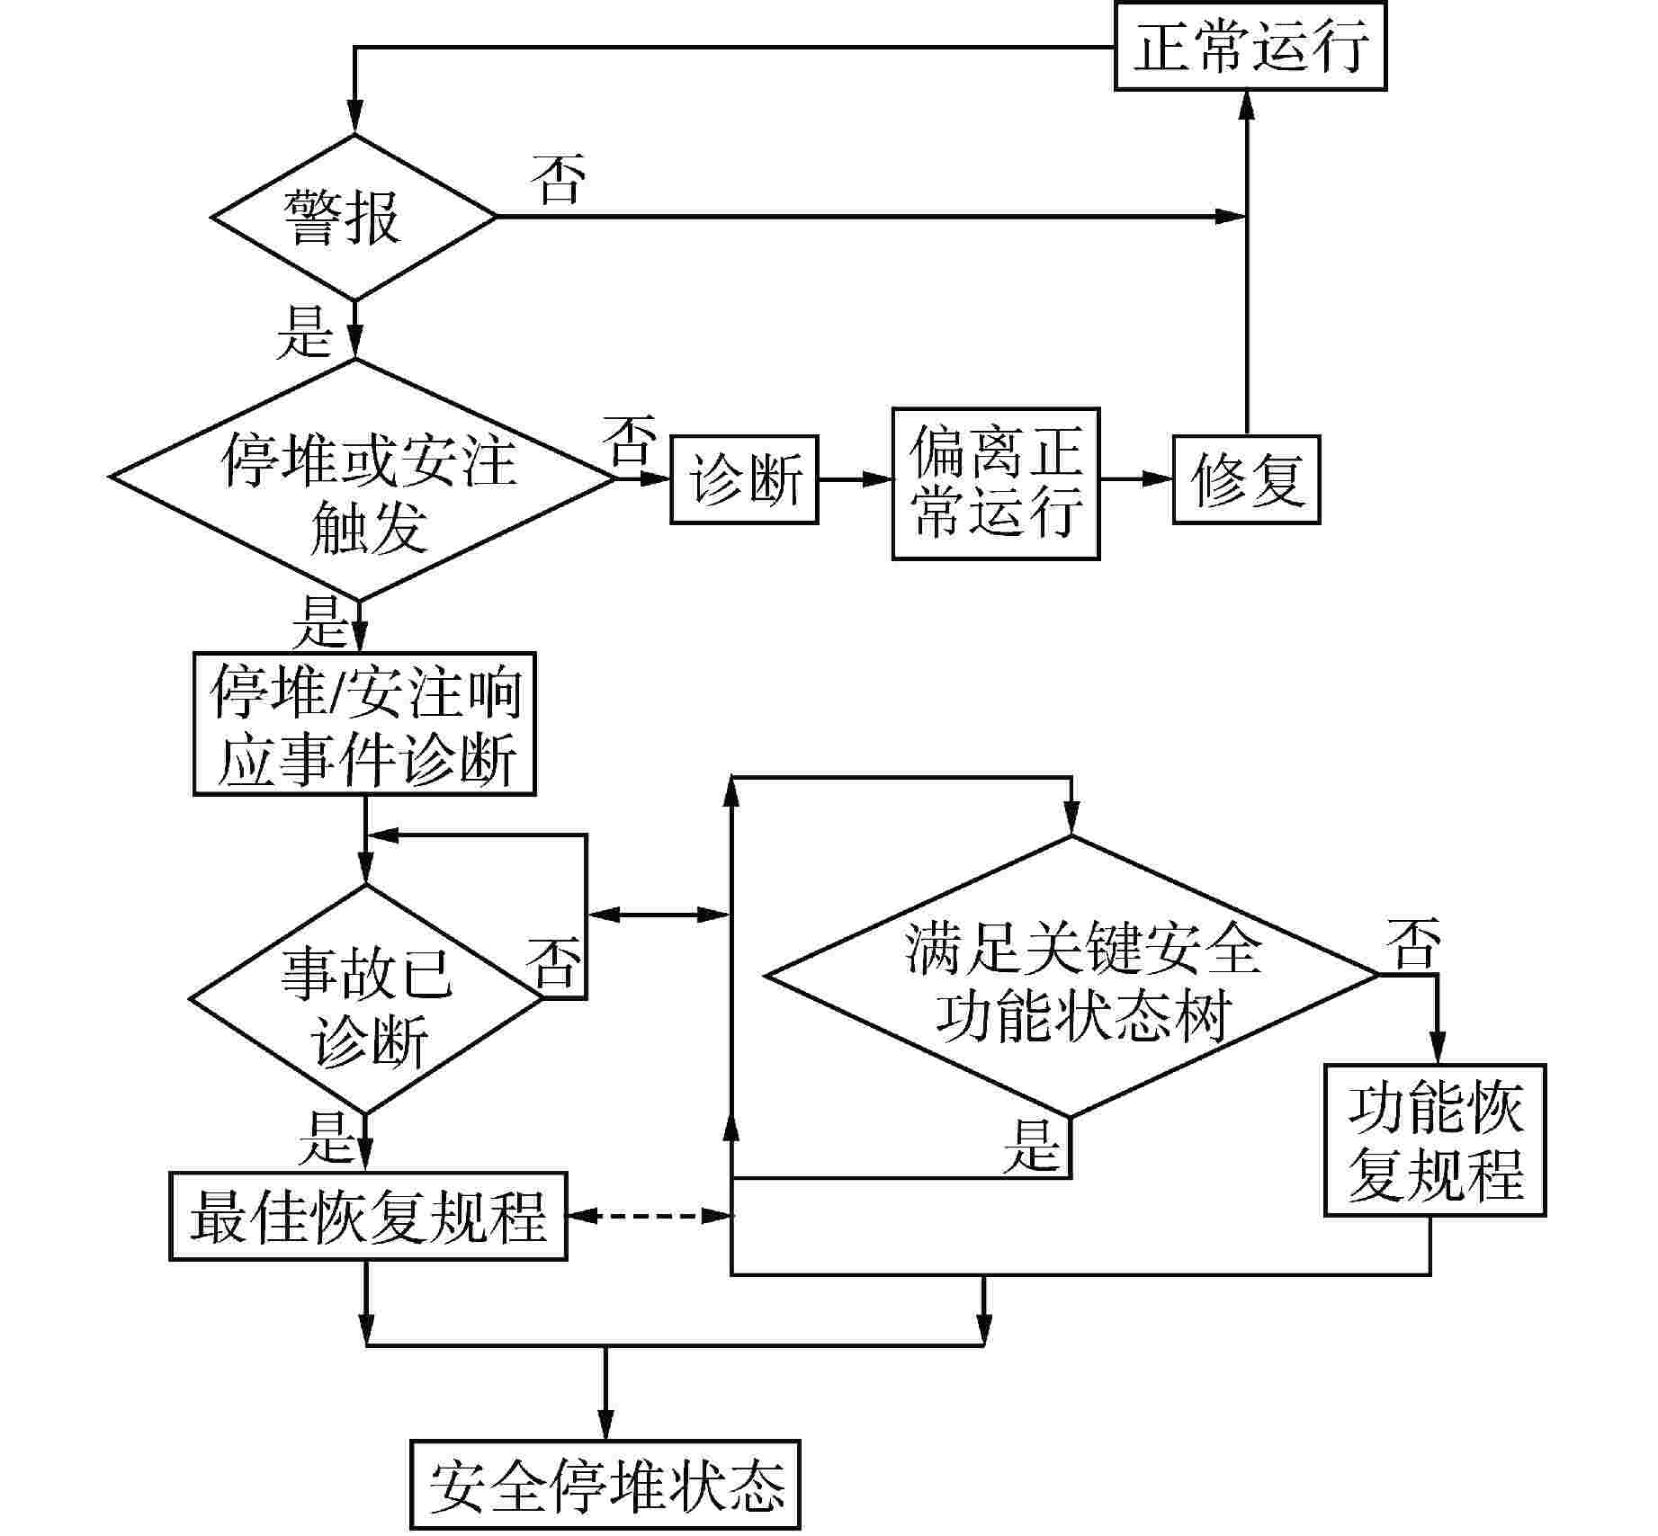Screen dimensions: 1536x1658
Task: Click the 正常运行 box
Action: coord(1250,46)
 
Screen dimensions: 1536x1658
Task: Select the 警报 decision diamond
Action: coord(354,217)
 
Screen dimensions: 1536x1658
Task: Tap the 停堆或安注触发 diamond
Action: coord(361,478)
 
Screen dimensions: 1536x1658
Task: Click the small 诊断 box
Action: coord(744,479)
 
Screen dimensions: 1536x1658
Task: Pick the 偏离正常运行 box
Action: coord(995,483)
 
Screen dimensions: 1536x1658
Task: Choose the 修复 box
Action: coord(1246,479)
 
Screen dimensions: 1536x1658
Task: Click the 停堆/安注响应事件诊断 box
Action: coord(364,724)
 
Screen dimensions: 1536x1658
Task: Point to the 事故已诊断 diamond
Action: coord(365,999)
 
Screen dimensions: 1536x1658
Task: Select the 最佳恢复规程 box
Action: coord(368,1216)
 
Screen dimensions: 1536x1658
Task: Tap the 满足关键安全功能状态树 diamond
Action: coord(1071,976)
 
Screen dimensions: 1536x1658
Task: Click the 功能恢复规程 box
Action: coord(1434,1140)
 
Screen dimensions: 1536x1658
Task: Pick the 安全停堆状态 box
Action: coord(605,1485)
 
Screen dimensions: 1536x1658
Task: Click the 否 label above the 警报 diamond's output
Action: coord(558,178)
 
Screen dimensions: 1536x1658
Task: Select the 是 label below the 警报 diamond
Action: coord(305,331)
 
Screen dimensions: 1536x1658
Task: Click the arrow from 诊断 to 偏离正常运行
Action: coord(855,479)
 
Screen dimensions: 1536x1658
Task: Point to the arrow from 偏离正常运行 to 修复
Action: coord(1136,479)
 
